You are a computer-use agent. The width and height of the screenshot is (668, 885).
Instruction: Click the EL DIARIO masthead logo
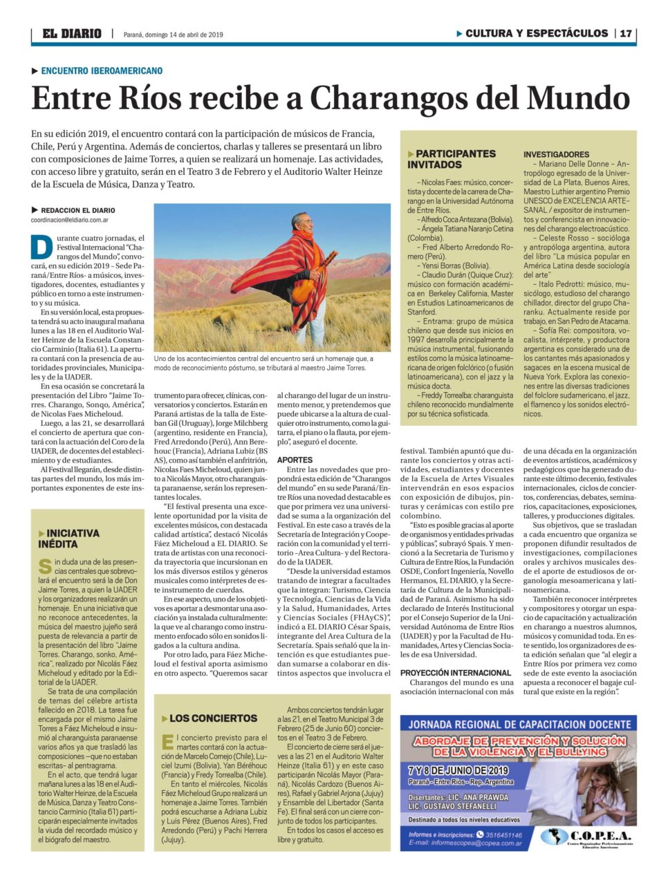71,33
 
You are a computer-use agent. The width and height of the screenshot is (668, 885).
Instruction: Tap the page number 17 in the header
625,33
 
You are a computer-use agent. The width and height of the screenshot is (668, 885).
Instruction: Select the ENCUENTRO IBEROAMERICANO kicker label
102,71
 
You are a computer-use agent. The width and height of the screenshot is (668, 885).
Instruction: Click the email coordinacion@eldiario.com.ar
69,220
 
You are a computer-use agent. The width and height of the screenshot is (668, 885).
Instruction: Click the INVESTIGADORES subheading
556,154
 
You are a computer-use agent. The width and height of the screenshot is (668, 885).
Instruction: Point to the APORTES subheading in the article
295,460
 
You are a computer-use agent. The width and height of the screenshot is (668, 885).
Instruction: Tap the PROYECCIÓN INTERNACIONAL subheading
455,673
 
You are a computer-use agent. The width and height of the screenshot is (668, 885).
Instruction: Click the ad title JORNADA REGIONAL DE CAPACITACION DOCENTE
518,725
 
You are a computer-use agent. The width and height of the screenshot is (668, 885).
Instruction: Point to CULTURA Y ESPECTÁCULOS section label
537,33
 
